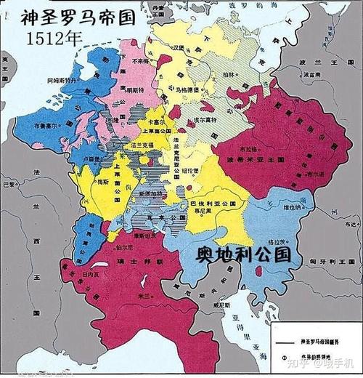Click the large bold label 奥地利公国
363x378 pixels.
click(244, 254)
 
